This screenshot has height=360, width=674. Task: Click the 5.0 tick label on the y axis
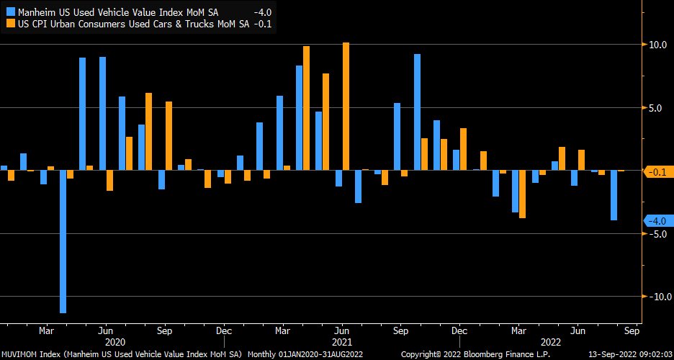coord(655,108)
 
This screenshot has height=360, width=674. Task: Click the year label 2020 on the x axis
coord(115,343)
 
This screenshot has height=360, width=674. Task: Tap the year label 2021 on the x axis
coord(341,343)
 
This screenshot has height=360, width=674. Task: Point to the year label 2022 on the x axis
coord(550,343)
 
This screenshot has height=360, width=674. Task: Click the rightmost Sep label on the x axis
coord(631,331)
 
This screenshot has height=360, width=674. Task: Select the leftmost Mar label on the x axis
coord(46,331)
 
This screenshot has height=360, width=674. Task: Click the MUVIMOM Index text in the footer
coord(29,355)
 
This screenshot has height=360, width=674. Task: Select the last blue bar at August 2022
coord(614,195)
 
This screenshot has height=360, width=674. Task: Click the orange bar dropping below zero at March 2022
coord(522,194)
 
